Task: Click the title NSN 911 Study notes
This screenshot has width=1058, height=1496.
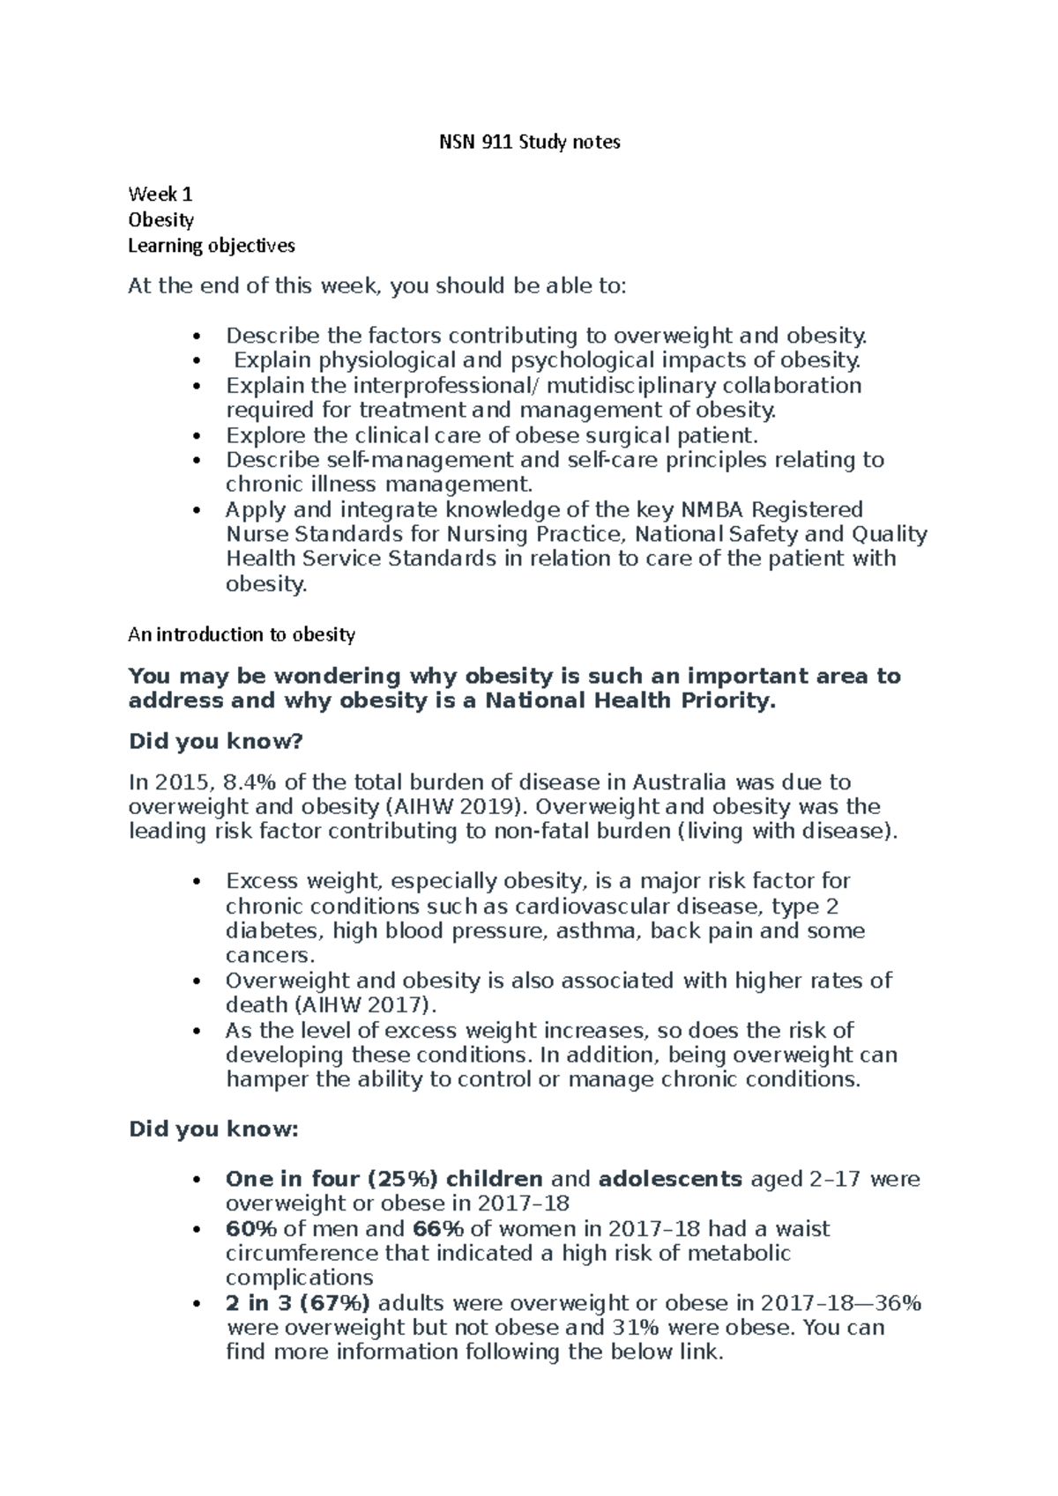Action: click(530, 142)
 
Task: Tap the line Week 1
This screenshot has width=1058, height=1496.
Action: click(160, 194)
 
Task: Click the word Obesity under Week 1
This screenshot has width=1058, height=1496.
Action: click(160, 219)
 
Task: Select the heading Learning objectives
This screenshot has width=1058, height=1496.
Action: click(212, 245)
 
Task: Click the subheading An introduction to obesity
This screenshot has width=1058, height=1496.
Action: click(242, 634)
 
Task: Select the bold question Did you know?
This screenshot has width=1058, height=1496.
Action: click(215, 742)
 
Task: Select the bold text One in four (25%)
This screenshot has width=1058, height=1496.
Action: click(332, 1180)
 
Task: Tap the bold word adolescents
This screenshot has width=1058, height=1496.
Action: click(670, 1180)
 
